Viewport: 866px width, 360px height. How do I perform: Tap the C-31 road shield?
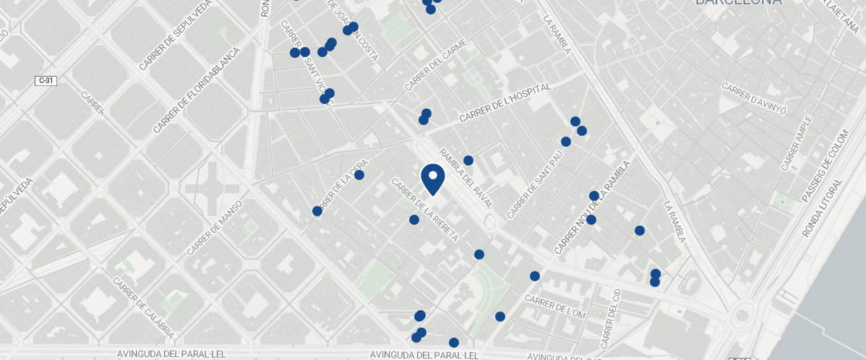click(46, 81)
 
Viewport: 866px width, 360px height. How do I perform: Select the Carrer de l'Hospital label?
click(505, 103)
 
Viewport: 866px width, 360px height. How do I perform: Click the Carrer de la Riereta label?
click(425, 210)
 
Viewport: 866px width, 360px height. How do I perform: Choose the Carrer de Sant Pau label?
click(535, 184)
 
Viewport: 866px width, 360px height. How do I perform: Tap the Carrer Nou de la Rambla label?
click(592, 207)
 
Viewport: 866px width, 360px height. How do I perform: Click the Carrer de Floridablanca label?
click(196, 91)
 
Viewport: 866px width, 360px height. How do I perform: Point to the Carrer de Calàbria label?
click(144, 307)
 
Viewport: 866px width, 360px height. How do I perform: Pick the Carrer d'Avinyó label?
click(753, 99)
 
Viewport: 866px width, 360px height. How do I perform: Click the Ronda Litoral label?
click(823, 208)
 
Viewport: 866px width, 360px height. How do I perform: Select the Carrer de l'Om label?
click(555, 307)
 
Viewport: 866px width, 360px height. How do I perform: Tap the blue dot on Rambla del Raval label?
click(468, 160)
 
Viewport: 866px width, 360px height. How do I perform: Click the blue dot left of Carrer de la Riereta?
click(414, 220)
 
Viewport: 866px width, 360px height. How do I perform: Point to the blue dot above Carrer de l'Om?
click(535, 276)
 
